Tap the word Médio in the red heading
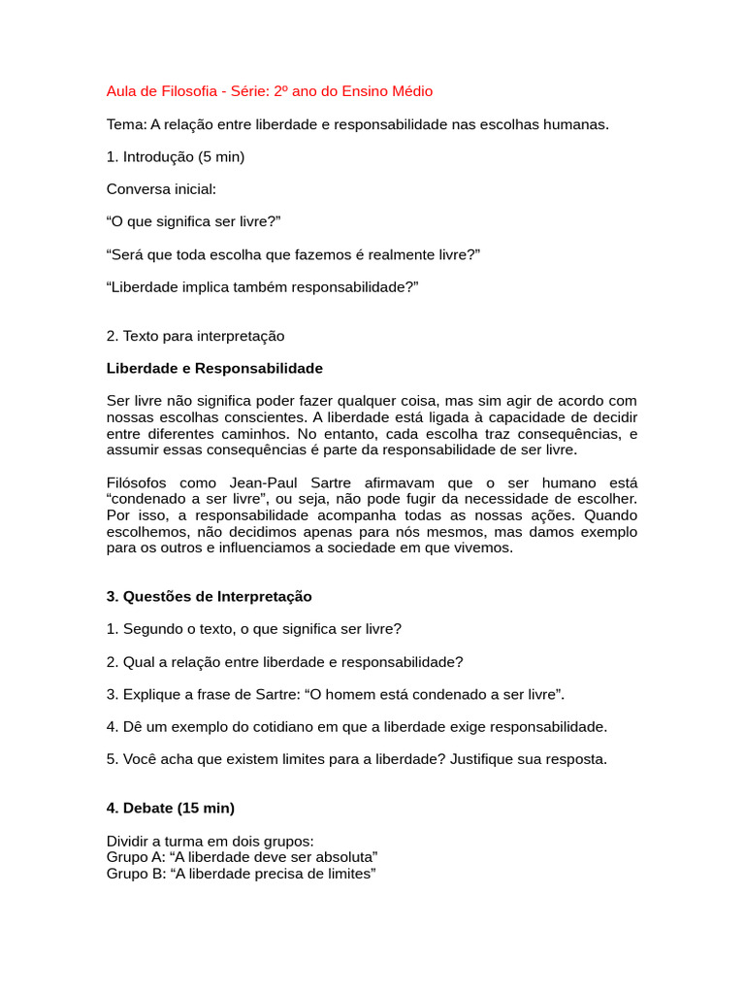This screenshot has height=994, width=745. (411, 91)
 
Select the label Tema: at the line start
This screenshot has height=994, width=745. (126, 124)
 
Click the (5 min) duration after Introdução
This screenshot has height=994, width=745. (221, 156)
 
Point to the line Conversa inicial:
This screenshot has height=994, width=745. (161, 189)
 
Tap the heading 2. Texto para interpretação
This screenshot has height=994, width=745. (195, 336)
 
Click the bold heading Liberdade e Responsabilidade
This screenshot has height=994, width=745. (214, 369)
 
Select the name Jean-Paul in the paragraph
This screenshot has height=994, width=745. (261, 482)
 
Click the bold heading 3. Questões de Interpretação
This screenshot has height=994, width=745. (209, 596)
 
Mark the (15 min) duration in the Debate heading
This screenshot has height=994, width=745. (206, 808)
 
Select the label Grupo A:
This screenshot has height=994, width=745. (134, 857)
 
